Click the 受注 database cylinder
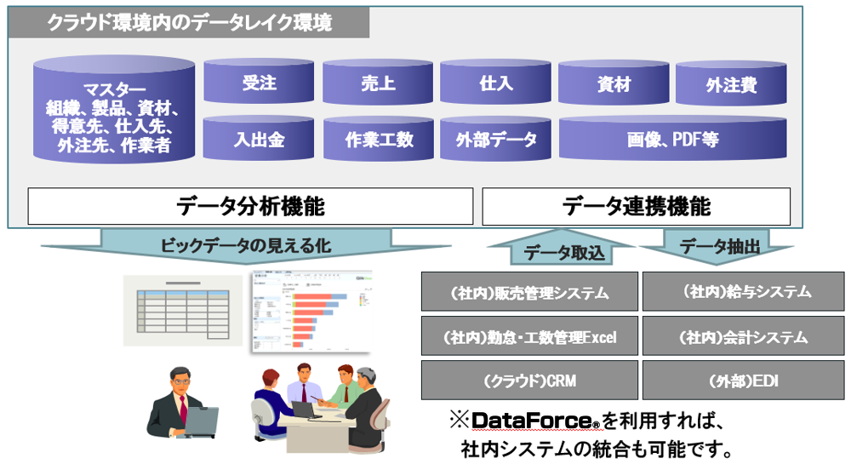tap(259, 83)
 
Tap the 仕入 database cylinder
tap(495, 83)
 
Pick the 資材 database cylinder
tap(614, 83)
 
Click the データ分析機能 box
tap(250, 206)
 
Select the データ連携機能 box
tap(636, 206)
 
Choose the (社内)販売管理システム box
tap(529, 292)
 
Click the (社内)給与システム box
tap(743, 291)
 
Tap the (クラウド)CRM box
tap(529, 381)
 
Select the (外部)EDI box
tap(743, 381)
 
